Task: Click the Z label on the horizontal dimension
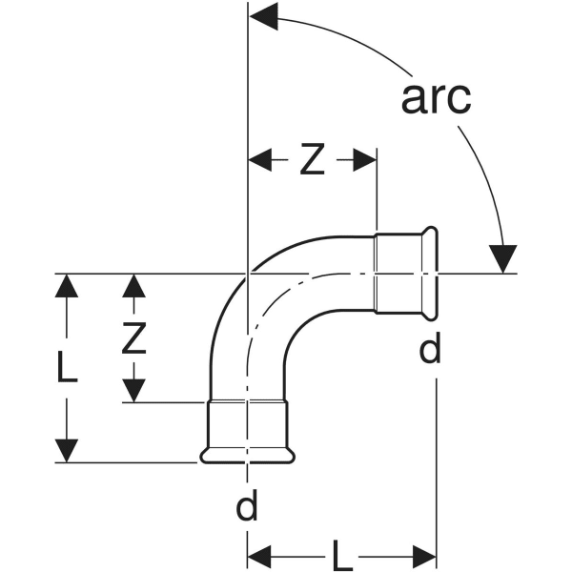[x=312, y=162]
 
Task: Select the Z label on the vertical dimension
[x=135, y=338]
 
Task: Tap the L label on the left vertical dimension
[x=66, y=367]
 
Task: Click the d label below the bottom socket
[x=247, y=507]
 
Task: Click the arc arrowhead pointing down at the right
[x=501, y=258]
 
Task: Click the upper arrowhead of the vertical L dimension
[x=66, y=287]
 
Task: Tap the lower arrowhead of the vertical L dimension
[x=66, y=449]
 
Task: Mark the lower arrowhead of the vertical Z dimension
[x=135, y=389]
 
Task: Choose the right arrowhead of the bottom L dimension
[x=422, y=554]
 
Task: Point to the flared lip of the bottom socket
[x=247, y=457]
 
